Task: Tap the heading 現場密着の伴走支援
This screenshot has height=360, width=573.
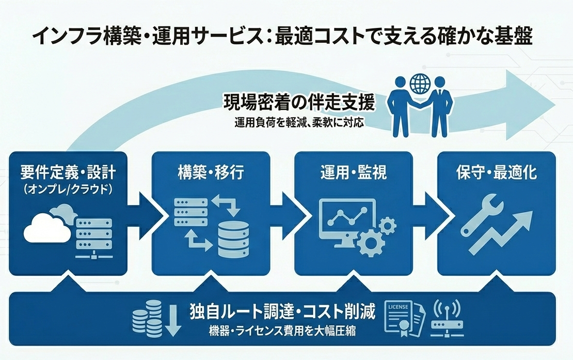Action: (x=299, y=102)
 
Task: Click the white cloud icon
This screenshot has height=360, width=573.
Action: (x=47, y=227)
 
